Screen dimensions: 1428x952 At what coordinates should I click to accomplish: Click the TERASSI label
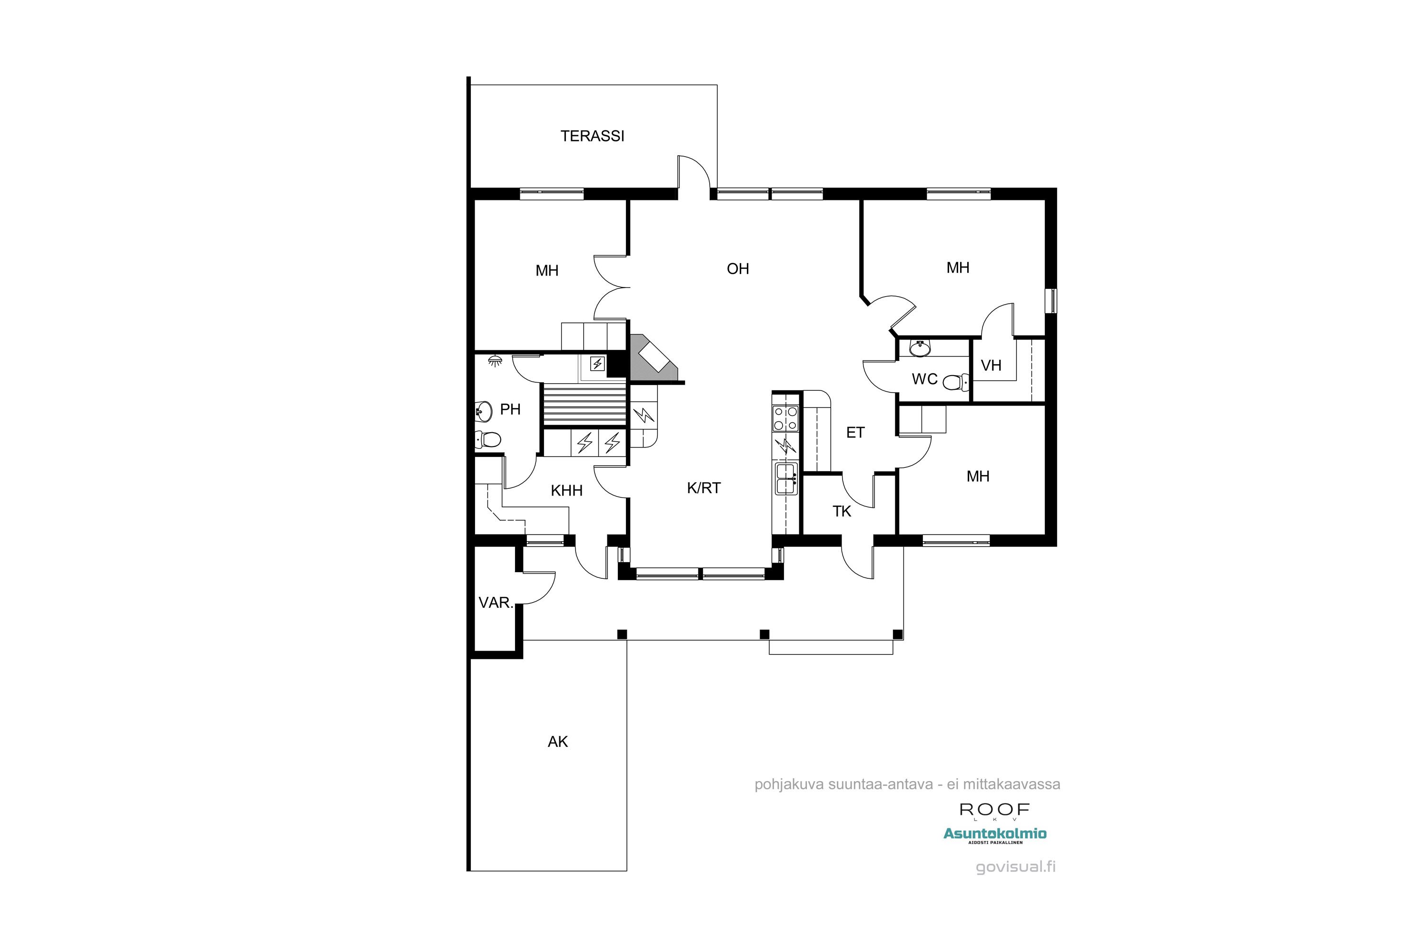(592, 136)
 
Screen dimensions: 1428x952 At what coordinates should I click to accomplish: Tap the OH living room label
(738, 268)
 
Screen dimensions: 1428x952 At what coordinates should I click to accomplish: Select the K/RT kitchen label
(704, 487)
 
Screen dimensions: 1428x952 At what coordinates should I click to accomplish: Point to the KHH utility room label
(566, 491)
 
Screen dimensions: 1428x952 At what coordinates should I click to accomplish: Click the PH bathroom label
(510, 409)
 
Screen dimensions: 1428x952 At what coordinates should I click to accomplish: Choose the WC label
(925, 379)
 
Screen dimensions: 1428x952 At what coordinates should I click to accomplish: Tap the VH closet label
(991, 366)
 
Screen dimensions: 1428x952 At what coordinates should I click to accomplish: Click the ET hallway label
(855, 432)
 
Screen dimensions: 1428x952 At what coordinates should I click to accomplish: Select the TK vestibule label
(842, 511)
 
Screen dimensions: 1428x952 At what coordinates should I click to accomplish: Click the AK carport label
(557, 741)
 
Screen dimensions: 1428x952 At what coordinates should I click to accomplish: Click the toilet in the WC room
(956, 382)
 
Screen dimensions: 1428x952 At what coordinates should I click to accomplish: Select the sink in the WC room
(920, 348)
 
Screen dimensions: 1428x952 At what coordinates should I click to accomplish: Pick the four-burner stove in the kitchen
(784, 418)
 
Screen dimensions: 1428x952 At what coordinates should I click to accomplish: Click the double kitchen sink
(786, 478)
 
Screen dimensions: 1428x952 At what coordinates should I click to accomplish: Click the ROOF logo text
(994, 809)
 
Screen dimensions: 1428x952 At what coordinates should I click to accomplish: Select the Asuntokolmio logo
(994, 834)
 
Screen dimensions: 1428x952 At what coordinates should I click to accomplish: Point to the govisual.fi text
(1015, 866)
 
